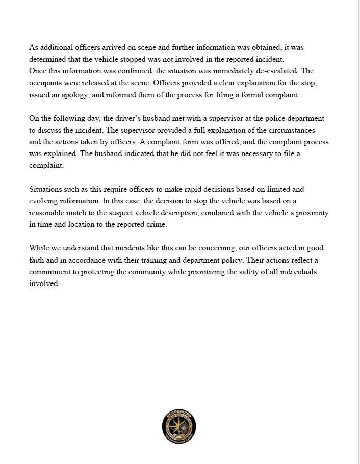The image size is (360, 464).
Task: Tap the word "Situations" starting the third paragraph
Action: pyautogui.click(x=46, y=189)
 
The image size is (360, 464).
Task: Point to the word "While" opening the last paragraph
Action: pyautogui.click(x=39, y=248)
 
